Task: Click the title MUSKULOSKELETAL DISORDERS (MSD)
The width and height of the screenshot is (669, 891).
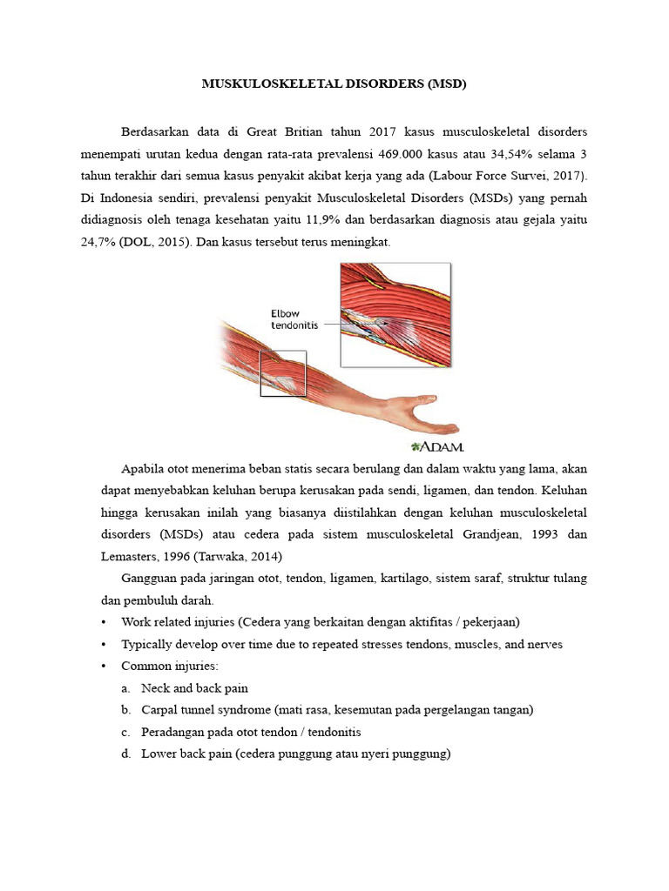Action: pos(334,84)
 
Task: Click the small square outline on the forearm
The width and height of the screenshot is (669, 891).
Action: pos(283,373)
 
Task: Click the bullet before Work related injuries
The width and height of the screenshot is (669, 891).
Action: pos(104,622)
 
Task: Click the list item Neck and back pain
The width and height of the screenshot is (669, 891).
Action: pos(194,687)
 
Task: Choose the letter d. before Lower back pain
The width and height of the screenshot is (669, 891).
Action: pos(126,754)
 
